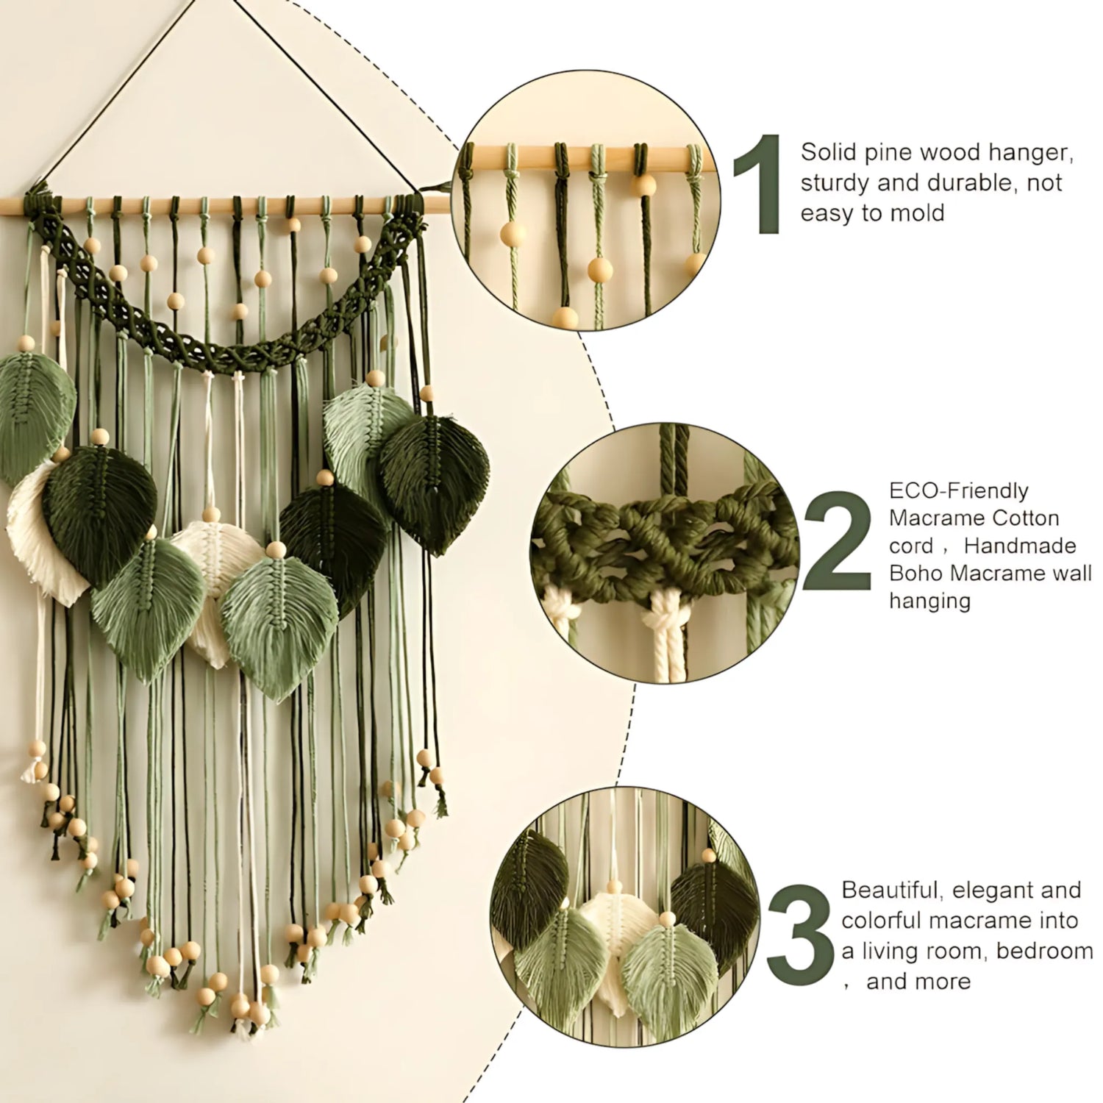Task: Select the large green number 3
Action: coord(803,934)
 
